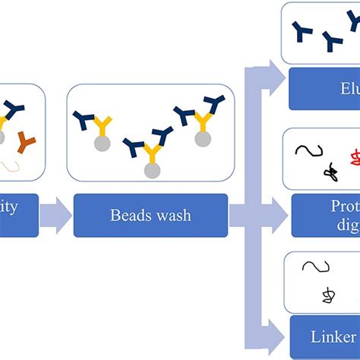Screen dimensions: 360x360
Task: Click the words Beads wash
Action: click(150, 216)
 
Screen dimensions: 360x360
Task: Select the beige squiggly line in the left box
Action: click(11, 163)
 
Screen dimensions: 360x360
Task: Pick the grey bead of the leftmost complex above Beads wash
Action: click(102, 143)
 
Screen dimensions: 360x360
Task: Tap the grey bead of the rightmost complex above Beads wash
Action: click(203, 138)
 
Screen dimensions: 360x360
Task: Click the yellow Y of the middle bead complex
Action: click(152, 156)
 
